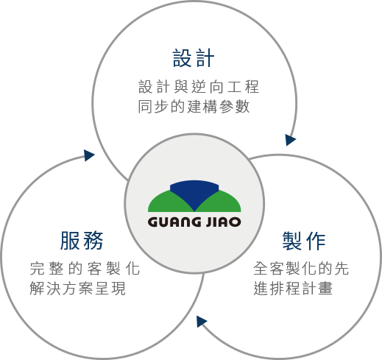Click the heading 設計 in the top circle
coord(194,58)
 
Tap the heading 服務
coord(82,241)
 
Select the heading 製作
coord(304,241)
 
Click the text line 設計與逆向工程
coord(199,87)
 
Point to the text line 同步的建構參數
coord(194,106)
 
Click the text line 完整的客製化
coord(85,268)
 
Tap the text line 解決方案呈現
coord(78,288)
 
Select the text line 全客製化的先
coord(301,268)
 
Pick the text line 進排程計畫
coord(293,288)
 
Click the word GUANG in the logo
coord(174,222)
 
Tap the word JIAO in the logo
coord(223,222)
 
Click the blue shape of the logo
coord(194,194)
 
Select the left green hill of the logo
coord(167,203)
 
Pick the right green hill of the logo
coord(222,203)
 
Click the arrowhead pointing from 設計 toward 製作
coord(290,140)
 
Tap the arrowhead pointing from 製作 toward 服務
coord(201,321)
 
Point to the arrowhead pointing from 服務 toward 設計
coord(89,155)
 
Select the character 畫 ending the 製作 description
coord(325,288)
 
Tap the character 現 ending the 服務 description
coord(119,288)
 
